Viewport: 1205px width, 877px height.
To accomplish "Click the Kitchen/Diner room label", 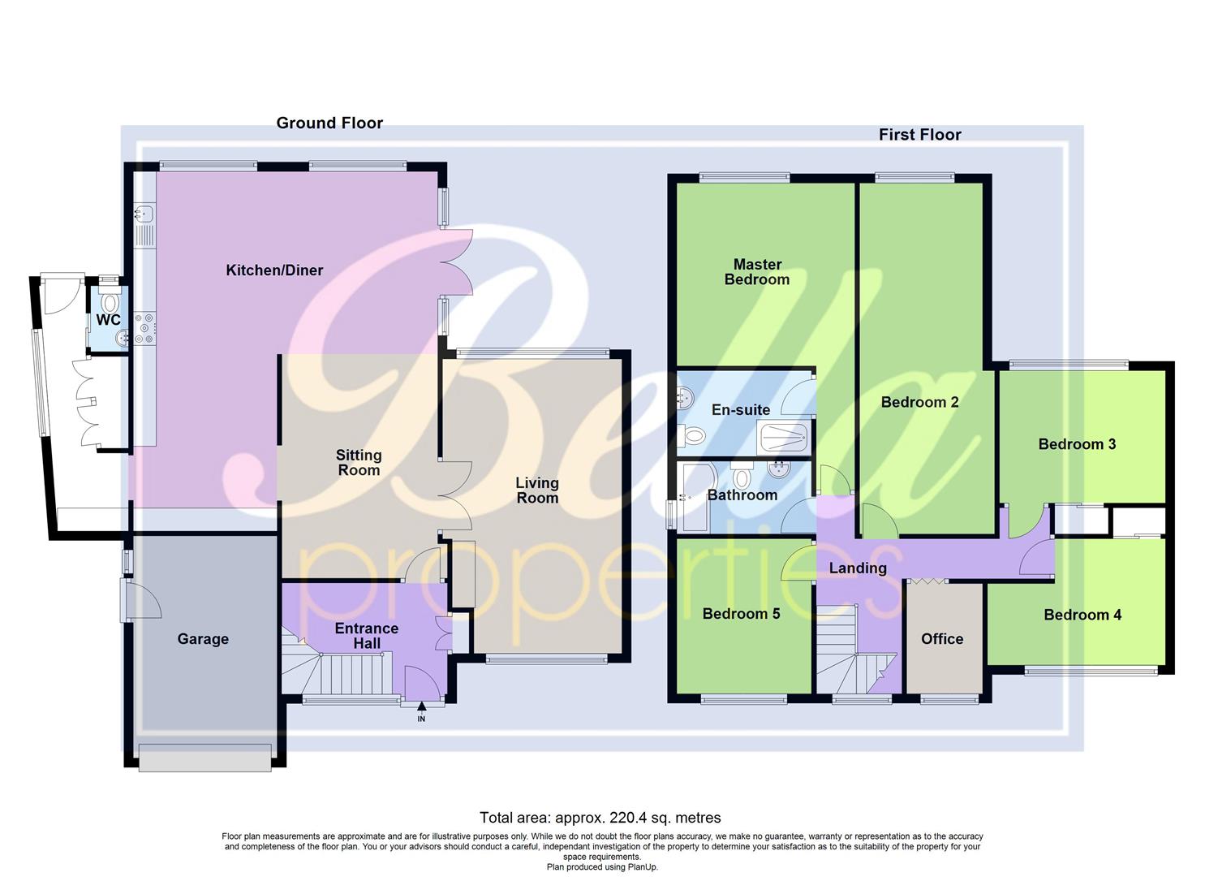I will (x=274, y=270).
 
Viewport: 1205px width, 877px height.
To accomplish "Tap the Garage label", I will (x=203, y=639).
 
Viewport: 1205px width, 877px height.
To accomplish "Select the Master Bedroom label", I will (x=757, y=272).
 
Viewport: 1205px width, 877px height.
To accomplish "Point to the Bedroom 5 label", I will (x=741, y=614).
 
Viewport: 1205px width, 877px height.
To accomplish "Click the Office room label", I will (x=942, y=639).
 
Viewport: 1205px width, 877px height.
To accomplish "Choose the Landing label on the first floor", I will (x=858, y=568).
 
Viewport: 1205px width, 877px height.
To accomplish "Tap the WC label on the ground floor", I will (x=108, y=320).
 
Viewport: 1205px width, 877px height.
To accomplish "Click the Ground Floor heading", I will (x=329, y=123).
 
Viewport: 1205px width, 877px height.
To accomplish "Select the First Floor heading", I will (x=919, y=135).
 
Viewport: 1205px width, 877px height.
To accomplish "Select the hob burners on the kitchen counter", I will (x=144, y=326).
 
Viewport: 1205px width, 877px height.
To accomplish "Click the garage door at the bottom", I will (x=204, y=757).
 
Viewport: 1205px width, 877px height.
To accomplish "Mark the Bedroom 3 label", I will (x=1077, y=444).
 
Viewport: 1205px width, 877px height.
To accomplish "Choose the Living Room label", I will (x=537, y=490).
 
